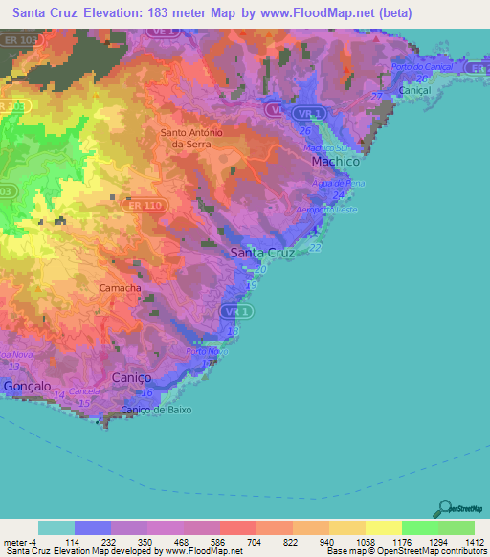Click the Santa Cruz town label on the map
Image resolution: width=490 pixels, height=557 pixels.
[x=262, y=254]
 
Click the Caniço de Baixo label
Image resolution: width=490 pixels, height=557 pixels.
[x=156, y=411]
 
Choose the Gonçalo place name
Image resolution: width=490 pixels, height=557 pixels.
[x=27, y=386]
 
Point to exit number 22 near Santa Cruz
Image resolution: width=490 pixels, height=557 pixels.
[x=315, y=248]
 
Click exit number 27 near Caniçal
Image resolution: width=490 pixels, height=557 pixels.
[x=377, y=96]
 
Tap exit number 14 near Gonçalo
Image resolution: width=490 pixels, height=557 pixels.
[x=59, y=394]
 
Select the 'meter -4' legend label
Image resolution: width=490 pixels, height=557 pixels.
[x=18, y=541]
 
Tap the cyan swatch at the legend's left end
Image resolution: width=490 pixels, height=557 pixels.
[x=56, y=527]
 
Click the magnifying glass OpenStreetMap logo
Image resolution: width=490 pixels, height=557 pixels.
[x=444, y=509]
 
